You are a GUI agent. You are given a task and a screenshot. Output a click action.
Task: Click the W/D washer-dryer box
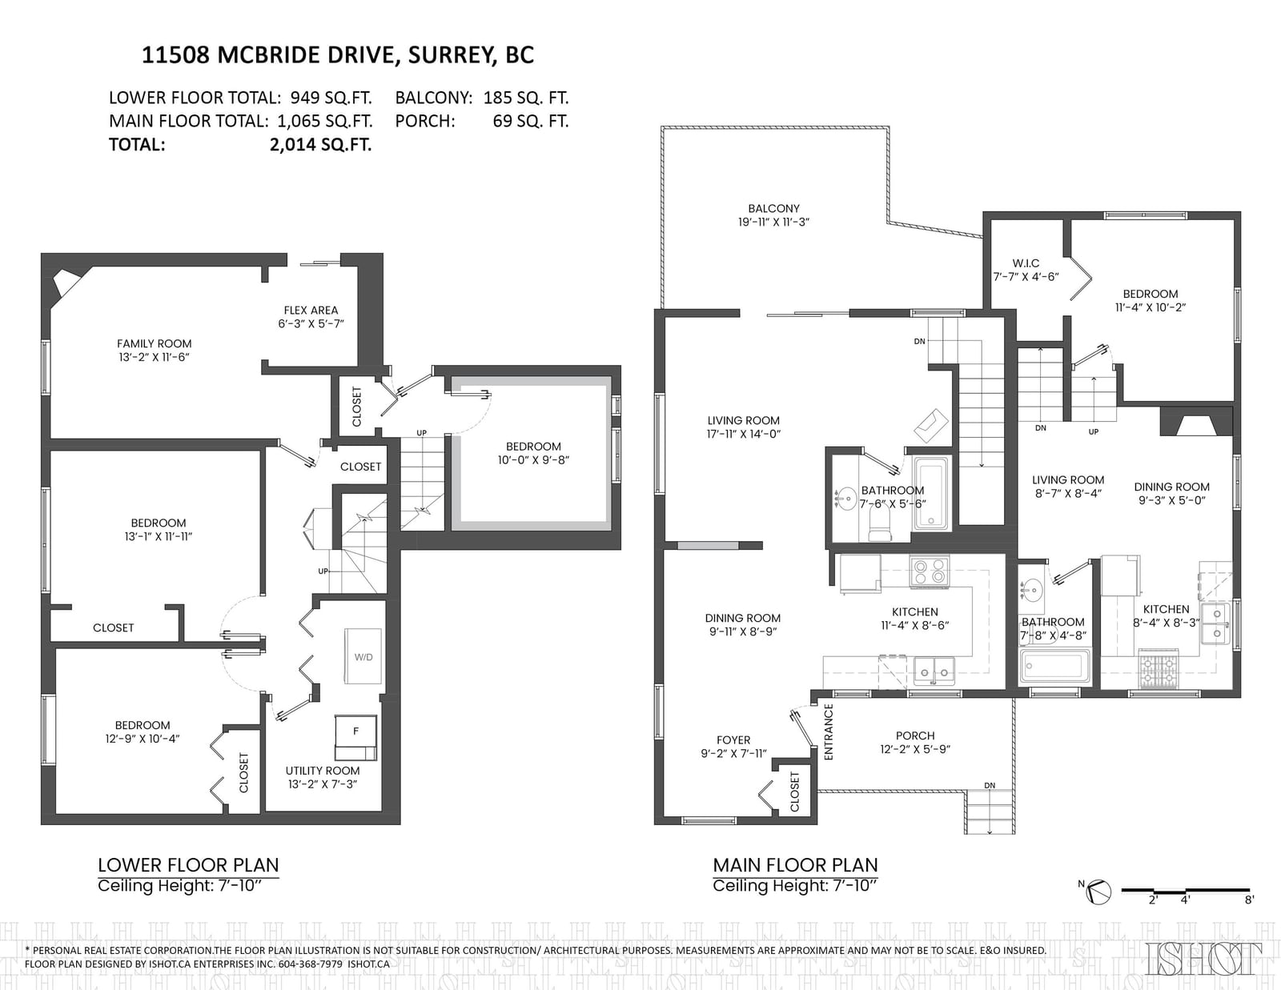tap(363, 656)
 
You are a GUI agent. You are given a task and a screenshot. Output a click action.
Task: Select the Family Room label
tap(154, 343)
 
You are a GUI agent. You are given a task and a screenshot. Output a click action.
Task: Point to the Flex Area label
tap(311, 310)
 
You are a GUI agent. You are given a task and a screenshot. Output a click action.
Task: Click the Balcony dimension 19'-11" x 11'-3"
tap(773, 222)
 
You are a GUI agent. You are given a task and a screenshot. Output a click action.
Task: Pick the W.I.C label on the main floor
tap(1026, 263)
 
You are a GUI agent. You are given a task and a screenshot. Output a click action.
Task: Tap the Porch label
tap(915, 735)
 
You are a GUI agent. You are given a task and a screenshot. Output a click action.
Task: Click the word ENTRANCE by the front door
tap(829, 731)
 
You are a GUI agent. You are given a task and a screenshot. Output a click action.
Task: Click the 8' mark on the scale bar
tap(1249, 900)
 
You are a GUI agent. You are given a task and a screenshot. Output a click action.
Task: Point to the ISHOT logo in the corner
tap(1204, 958)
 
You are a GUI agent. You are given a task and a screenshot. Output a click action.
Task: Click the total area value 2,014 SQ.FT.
tap(321, 144)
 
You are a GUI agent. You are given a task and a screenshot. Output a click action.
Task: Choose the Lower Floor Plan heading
tap(188, 865)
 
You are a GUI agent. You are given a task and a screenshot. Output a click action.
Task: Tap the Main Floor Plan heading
tap(795, 865)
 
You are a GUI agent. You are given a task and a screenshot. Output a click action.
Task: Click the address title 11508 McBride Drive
tap(338, 54)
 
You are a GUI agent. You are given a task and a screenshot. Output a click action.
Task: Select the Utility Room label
tap(323, 771)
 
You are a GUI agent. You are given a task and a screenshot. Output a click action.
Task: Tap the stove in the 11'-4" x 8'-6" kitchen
tap(930, 571)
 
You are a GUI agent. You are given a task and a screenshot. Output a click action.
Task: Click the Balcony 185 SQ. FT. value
tap(526, 98)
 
